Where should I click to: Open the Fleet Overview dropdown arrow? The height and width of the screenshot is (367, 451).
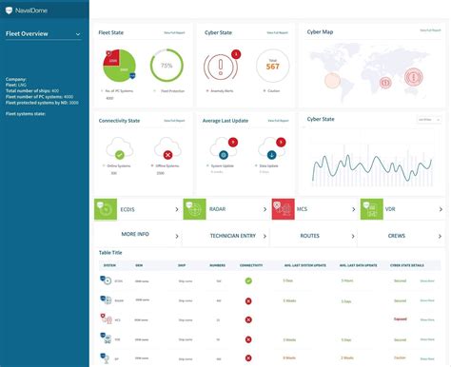78,34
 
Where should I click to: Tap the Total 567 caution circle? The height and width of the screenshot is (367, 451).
271,66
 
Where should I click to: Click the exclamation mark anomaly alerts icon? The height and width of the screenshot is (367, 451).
223,68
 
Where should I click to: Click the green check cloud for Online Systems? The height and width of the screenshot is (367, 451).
120,153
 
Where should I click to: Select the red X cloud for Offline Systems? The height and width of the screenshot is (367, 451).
167,153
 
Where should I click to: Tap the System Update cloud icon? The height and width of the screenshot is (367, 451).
223,152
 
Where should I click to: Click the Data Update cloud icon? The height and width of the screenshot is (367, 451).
271,152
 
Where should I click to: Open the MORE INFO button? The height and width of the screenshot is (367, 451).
135,234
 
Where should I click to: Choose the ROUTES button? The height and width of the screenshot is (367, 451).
310,234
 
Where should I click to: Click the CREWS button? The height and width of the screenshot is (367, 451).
397,234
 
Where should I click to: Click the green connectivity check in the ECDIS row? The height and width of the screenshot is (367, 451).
248,281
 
